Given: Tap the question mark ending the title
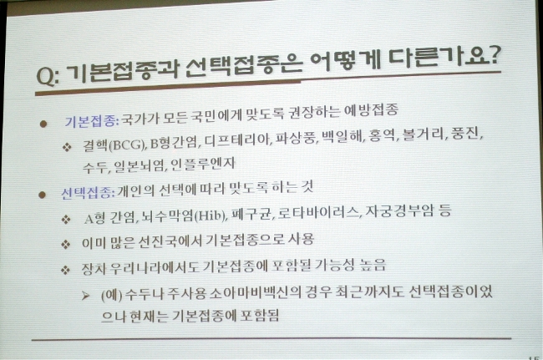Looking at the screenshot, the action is pos(494,55).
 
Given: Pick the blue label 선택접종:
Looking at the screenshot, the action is pos(88,192).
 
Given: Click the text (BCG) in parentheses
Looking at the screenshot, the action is pos(127,145).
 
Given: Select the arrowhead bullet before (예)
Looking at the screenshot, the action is pos(85,296).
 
